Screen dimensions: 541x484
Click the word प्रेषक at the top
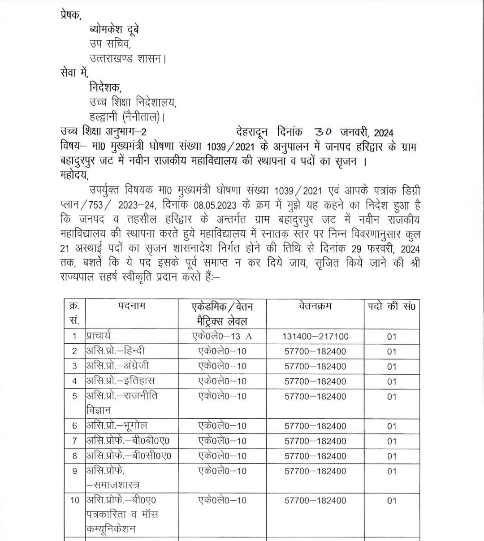point(71,15)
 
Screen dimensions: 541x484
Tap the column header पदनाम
point(132,307)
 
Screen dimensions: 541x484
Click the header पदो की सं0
point(392,307)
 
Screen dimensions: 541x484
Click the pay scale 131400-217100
point(315,337)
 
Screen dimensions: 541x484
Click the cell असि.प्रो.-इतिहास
point(120,381)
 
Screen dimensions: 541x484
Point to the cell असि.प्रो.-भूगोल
point(117,426)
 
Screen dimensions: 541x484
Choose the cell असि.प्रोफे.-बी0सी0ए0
point(129,456)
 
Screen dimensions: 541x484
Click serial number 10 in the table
point(74,500)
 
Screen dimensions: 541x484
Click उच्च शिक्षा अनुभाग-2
point(103,132)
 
